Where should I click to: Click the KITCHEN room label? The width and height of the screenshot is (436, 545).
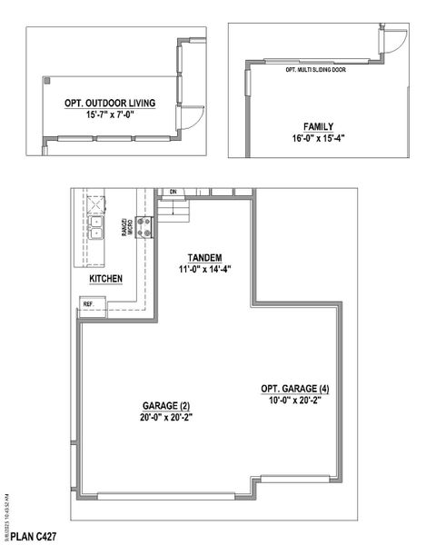pos(105,279)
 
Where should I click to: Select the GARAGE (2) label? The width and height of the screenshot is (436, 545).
pos(166,405)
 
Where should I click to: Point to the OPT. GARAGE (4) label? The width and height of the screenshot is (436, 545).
pos(295,390)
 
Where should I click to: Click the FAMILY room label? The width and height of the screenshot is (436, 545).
pos(318,126)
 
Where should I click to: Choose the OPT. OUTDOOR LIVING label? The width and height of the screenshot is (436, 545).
pos(110,104)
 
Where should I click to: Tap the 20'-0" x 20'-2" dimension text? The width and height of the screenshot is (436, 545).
pos(166,418)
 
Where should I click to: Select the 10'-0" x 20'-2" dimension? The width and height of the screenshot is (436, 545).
pos(295,402)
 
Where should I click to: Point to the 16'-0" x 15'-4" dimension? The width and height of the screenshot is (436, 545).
pos(318,139)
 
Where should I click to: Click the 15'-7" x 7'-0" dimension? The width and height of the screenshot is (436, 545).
pos(110,116)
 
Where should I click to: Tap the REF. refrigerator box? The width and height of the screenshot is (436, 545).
pos(89,304)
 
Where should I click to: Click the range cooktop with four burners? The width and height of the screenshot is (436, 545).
pos(144,223)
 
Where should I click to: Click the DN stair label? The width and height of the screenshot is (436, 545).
pos(173,193)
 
